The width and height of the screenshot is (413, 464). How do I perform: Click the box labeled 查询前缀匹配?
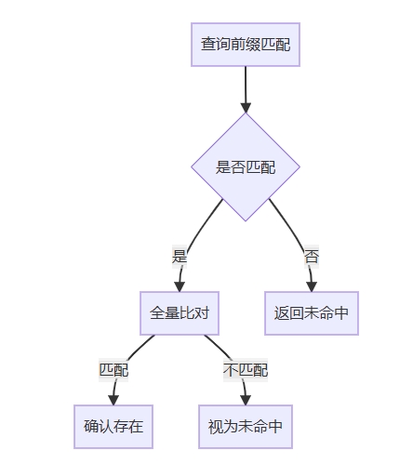(x=246, y=45)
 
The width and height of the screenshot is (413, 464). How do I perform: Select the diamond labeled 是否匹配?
(x=246, y=167)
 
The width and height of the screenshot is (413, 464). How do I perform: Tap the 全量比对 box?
(x=180, y=313)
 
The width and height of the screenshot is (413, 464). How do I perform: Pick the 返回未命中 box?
(x=312, y=313)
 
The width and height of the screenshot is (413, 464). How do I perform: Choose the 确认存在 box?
(x=113, y=427)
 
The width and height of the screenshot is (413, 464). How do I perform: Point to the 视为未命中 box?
(x=246, y=427)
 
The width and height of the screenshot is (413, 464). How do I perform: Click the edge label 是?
(x=180, y=257)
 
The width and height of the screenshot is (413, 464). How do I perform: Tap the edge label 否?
(x=312, y=257)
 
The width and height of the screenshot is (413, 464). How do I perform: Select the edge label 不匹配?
(x=246, y=370)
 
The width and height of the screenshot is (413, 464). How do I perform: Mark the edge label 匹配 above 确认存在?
(x=113, y=370)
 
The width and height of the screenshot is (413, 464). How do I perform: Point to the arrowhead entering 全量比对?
(x=180, y=286)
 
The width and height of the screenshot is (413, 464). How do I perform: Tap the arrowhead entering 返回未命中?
(x=312, y=286)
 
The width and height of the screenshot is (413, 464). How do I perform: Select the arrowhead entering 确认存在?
(x=113, y=400)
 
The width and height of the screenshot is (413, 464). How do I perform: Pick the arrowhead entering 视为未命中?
(x=246, y=400)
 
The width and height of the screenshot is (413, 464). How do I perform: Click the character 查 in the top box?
(x=208, y=44)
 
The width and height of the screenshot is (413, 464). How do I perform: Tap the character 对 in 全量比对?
(x=202, y=313)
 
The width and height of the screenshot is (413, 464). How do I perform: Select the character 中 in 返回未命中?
(x=341, y=313)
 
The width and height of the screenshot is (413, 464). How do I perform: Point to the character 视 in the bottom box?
(x=216, y=427)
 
